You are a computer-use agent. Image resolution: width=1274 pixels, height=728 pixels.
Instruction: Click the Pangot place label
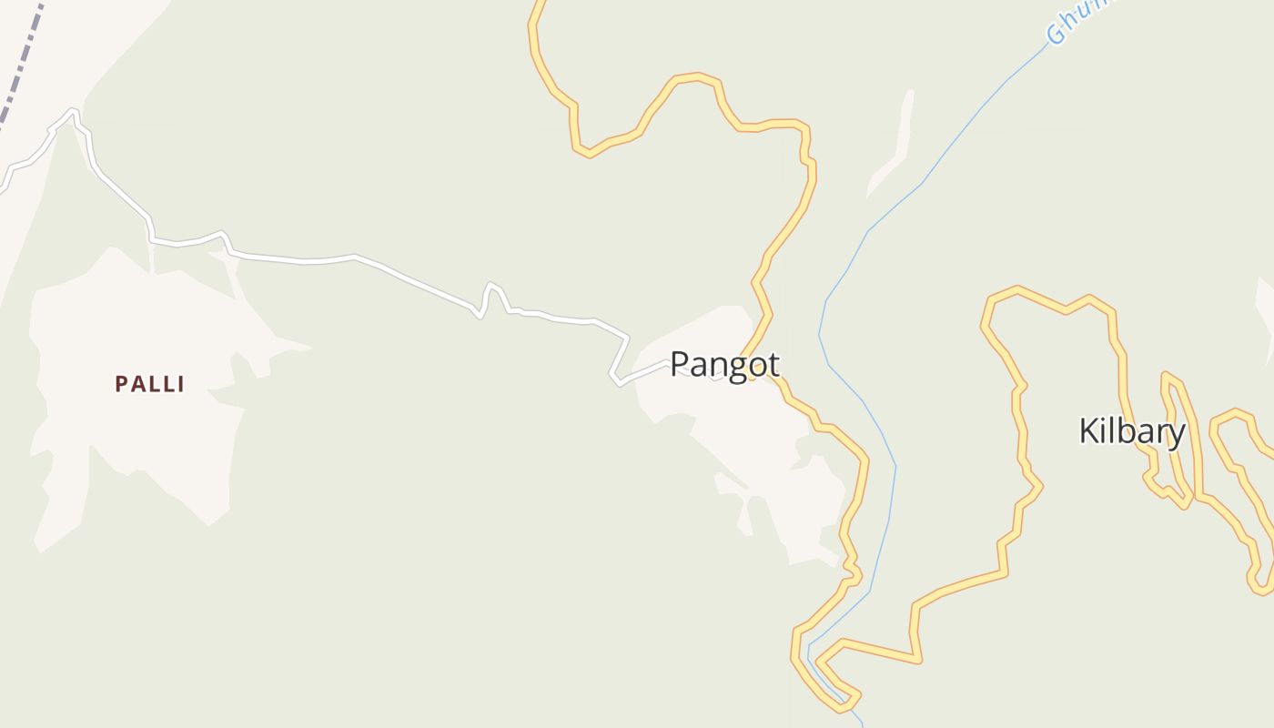coord(724,365)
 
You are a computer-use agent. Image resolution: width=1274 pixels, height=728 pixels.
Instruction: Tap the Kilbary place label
coord(1131,431)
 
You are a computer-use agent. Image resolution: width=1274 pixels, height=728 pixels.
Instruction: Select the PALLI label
coord(150,385)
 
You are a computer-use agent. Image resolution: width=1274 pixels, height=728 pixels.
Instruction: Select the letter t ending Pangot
coord(773,365)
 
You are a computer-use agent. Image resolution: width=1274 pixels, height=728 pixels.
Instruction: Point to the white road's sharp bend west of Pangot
coord(616,376)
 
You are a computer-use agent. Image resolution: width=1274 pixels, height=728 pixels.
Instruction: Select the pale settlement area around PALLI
coord(136,437)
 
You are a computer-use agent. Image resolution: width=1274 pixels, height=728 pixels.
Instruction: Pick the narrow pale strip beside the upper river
coord(896,146)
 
